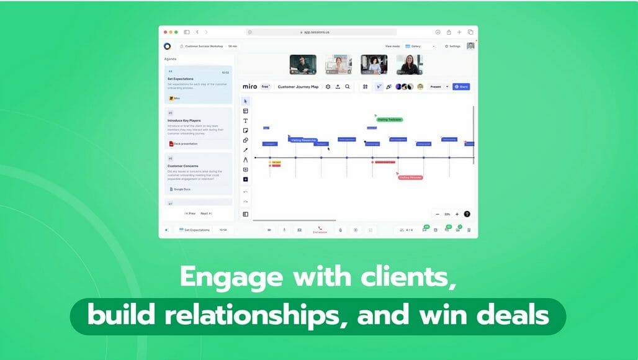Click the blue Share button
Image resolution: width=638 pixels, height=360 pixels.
pos(461,87)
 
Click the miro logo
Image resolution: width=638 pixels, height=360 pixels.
pos(249,87)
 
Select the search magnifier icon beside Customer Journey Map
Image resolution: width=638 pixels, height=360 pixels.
pos(348,87)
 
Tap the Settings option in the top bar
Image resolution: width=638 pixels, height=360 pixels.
pos(452,46)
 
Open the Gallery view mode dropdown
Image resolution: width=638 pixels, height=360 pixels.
pos(421,46)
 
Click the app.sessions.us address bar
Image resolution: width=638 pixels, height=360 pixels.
pos(321,32)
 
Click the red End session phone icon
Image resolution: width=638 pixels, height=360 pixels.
pos(320,228)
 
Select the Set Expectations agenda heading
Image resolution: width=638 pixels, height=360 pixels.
pos(181,79)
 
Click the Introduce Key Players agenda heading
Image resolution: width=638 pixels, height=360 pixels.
pos(184,120)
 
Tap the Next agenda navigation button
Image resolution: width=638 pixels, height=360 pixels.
pos(205,214)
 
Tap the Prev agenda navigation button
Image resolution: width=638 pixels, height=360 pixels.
pos(190,214)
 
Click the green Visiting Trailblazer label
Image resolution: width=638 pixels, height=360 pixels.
pos(390,119)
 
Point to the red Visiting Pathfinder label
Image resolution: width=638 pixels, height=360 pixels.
pos(410,178)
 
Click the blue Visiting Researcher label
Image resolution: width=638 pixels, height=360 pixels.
pos(303,140)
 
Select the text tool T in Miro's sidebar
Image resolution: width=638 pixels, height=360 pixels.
pos(246,120)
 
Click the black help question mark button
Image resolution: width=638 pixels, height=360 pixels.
pos(467,214)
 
